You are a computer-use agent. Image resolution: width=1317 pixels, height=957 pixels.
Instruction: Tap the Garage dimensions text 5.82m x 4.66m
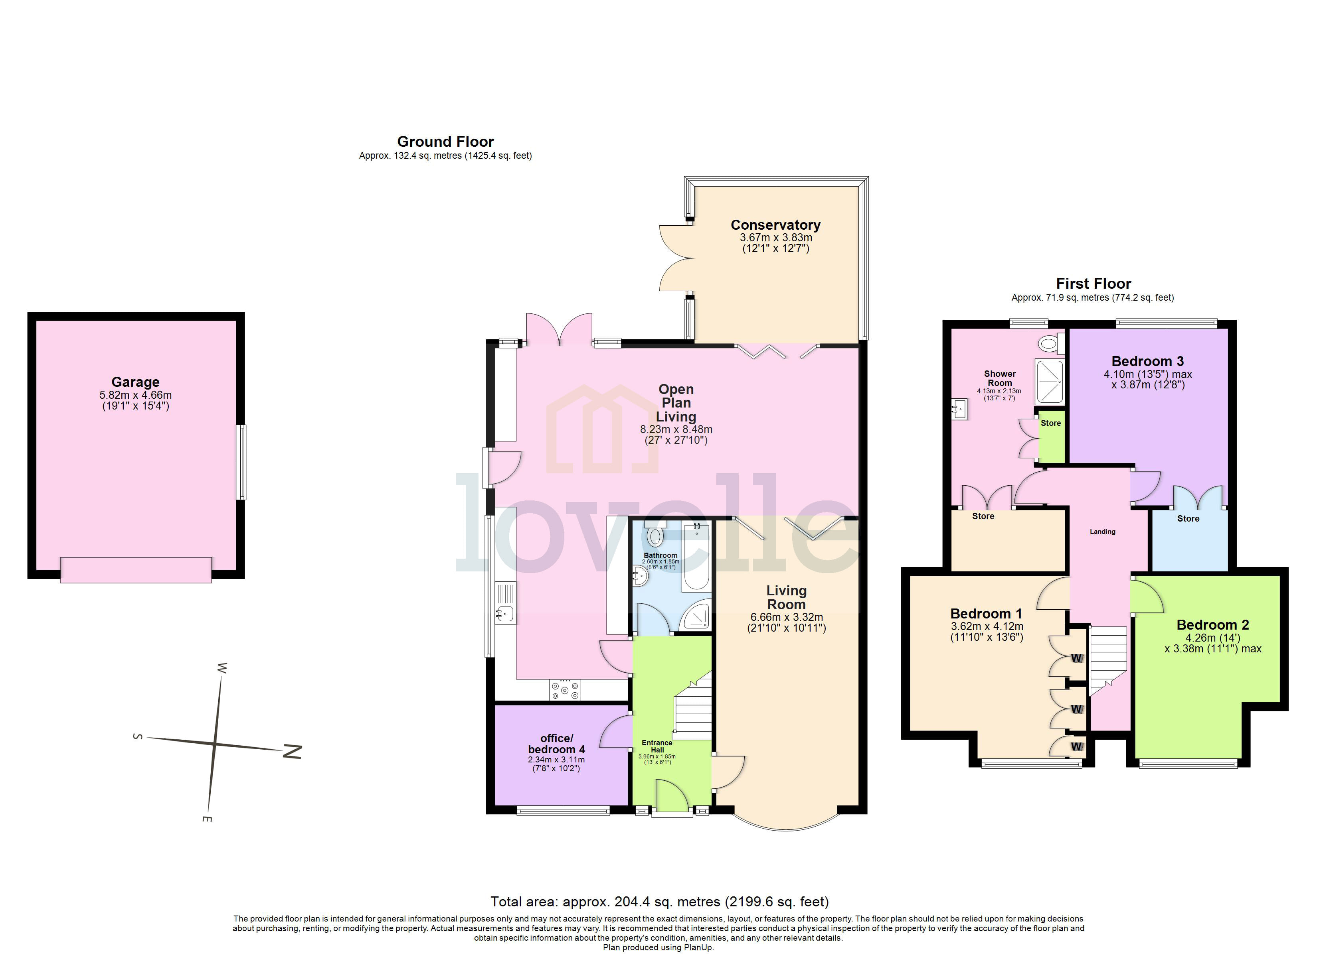tap(135, 395)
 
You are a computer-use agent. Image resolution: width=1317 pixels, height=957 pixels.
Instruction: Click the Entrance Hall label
tap(657, 746)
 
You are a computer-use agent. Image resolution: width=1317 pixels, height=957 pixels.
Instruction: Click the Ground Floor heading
tap(445, 142)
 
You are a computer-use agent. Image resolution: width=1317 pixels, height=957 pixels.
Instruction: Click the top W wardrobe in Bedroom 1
tap(1077, 658)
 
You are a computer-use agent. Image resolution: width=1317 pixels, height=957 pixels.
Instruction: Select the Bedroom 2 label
tap(1212, 625)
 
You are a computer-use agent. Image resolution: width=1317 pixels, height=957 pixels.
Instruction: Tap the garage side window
tap(240, 462)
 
